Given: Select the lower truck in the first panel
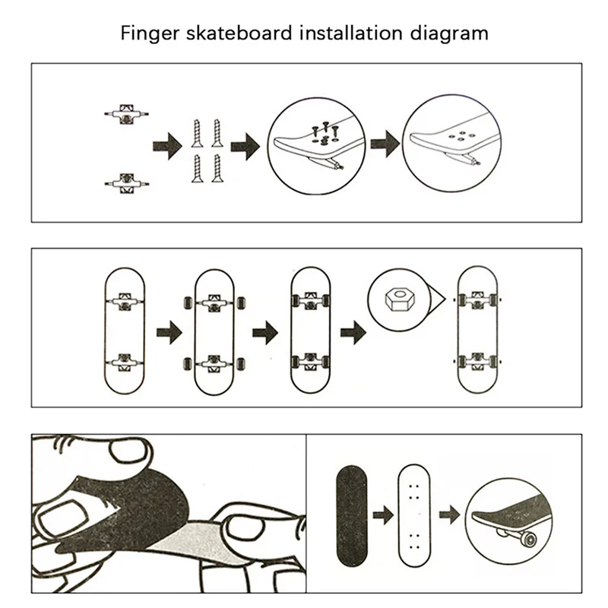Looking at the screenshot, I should click(x=125, y=182).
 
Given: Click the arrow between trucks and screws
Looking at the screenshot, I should click(x=163, y=144).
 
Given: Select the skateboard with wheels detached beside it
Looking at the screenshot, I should click(x=214, y=331).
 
